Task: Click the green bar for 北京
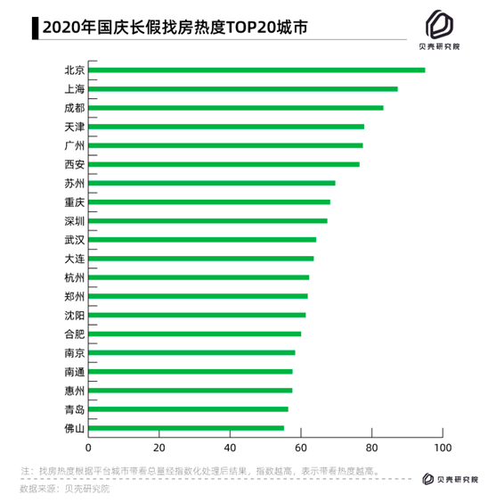pos(256,70)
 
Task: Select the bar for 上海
pos(243,89)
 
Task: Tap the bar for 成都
pos(236,108)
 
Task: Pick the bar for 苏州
pos(212,183)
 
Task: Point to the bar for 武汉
pos(202,240)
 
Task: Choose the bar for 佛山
pos(186,428)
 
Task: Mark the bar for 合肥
pos(195,334)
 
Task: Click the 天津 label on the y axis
pos(74,127)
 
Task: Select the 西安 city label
pos(74,164)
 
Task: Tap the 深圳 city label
pos(74,221)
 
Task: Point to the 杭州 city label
pos(74,277)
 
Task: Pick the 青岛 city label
pos(74,409)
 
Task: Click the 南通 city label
pos(74,372)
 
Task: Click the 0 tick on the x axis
pos(88,448)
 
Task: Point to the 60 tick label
pos(301,448)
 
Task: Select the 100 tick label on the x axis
pos(443,448)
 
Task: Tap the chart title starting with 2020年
pos(175,28)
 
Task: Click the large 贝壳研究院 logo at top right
pos(439,30)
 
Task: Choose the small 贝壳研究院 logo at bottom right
pos(450,479)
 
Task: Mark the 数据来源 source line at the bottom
pos(65,489)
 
